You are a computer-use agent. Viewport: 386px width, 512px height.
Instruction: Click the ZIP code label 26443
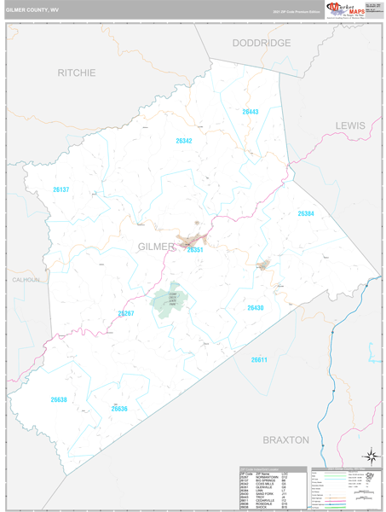[x=250, y=112]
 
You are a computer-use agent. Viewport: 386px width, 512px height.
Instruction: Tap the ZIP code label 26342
[x=184, y=141]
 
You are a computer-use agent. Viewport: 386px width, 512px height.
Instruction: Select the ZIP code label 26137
[x=60, y=189]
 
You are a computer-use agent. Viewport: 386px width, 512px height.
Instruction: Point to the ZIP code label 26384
[x=306, y=213]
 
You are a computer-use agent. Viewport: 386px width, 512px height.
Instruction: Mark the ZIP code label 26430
[x=256, y=307]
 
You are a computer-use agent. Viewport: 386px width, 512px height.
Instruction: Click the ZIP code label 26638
[x=58, y=399]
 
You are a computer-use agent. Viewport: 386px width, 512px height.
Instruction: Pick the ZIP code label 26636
[x=119, y=408]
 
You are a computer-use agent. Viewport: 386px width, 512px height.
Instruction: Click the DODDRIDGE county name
[x=262, y=43]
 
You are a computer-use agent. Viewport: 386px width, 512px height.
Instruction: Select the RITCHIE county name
[x=77, y=73]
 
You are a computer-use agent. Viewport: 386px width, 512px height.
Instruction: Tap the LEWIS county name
[x=349, y=125]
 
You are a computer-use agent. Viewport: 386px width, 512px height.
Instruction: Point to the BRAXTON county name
[x=285, y=440]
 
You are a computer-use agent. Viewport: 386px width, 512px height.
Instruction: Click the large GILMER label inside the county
[x=156, y=247]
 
